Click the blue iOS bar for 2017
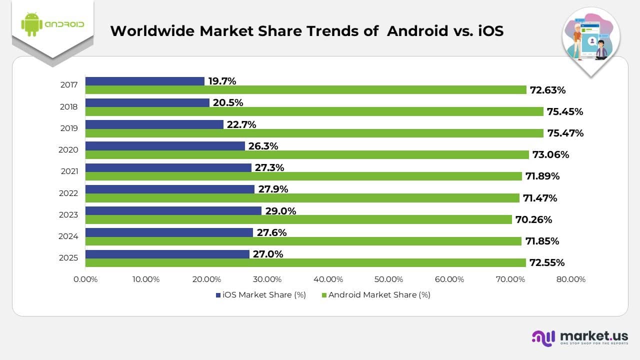click(x=145, y=81)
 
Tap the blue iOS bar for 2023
click(x=173, y=210)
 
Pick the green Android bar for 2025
click(x=305, y=262)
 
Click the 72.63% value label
click(x=548, y=90)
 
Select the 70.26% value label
click(x=534, y=219)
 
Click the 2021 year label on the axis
click(x=68, y=171)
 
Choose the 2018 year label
click(x=68, y=106)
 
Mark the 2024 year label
click(x=68, y=236)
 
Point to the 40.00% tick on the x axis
click(x=328, y=279)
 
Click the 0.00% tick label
click(x=85, y=279)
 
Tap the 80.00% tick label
click(x=570, y=279)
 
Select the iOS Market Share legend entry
click(x=260, y=295)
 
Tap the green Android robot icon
click(x=31, y=24)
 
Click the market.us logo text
click(x=594, y=336)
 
